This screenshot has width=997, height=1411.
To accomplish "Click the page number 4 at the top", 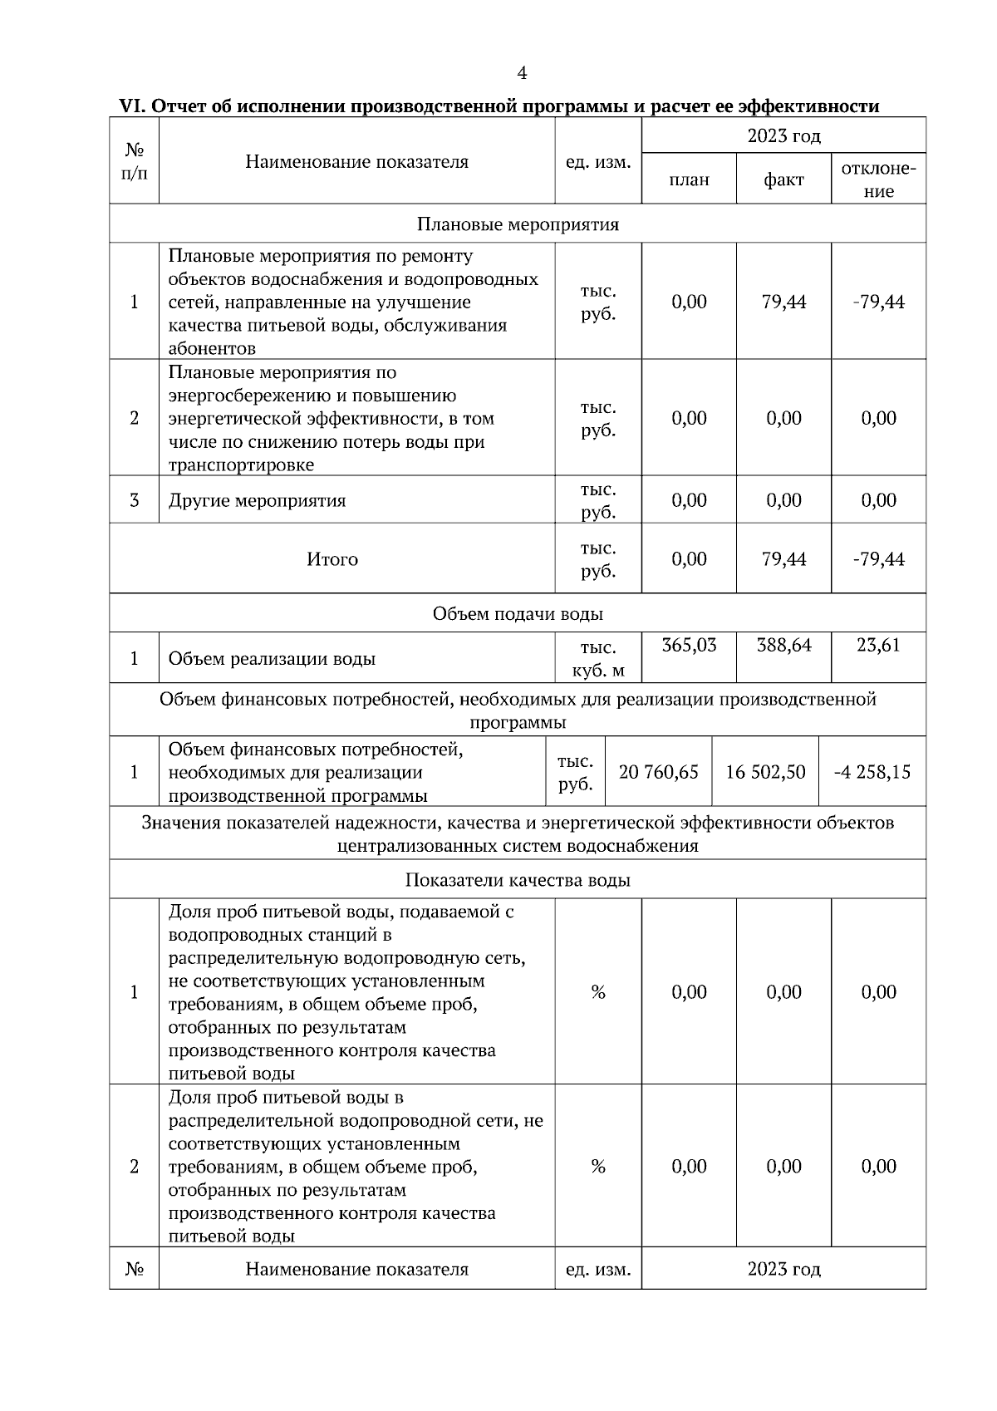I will click(x=522, y=74).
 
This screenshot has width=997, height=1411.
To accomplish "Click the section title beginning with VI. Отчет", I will click(x=499, y=106).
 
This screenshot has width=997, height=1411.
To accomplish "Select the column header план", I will click(x=689, y=179).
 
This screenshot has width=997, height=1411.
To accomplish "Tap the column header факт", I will click(x=783, y=179).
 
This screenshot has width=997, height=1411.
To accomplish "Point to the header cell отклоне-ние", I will click(x=878, y=179).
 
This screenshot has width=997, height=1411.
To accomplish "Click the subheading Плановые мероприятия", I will click(x=517, y=224).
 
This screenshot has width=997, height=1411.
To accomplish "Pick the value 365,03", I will click(x=689, y=645).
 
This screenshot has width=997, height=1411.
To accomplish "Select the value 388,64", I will click(x=783, y=645).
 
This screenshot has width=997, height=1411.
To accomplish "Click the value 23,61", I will click(x=878, y=645).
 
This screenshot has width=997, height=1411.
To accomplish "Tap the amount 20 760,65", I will click(x=659, y=772).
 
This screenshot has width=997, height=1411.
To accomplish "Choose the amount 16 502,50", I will click(x=765, y=772).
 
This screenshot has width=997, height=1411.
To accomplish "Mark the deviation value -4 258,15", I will click(x=872, y=772).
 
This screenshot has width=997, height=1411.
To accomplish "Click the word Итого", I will click(x=332, y=559).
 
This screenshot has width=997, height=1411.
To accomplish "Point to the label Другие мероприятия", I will click(x=257, y=500).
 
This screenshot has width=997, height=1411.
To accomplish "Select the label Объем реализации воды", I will click(x=272, y=659).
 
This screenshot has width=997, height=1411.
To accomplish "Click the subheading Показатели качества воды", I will click(x=517, y=880).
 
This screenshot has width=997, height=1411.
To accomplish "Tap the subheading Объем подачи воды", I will click(x=517, y=614).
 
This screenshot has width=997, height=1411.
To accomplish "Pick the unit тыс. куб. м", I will click(x=598, y=659).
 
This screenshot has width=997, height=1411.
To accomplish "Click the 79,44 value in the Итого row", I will click(x=783, y=559).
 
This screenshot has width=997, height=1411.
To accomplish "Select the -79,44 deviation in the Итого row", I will click(x=878, y=559).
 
